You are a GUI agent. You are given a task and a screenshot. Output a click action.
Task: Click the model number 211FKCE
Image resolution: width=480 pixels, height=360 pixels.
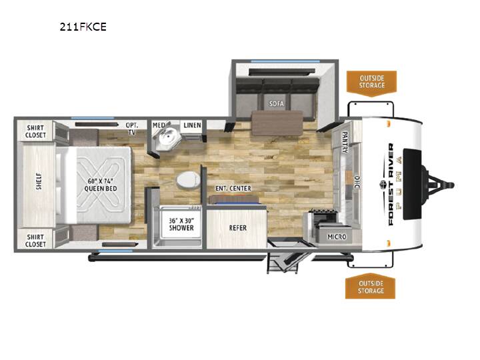pyautogui.click(x=83, y=27)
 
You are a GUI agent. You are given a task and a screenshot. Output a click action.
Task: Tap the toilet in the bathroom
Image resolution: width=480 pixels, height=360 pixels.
pyautogui.click(x=187, y=179)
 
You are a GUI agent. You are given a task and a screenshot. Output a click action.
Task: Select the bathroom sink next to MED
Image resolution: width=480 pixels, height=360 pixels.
pyautogui.click(x=167, y=139)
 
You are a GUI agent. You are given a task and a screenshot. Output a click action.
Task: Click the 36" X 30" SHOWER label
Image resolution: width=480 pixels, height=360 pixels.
pyautogui.click(x=181, y=224)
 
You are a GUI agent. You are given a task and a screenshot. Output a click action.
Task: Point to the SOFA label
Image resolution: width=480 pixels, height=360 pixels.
pyautogui.click(x=277, y=104)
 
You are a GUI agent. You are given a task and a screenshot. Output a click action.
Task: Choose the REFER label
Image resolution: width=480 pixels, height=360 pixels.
pyautogui.click(x=238, y=228)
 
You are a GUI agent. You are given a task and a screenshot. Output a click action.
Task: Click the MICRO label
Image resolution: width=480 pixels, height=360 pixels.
pyautogui.click(x=337, y=237)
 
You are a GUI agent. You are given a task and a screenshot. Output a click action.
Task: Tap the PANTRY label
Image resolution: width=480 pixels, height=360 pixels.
pyautogui.click(x=345, y=142)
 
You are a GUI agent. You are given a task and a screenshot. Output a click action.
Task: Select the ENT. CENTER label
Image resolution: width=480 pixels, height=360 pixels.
pyautogui.click(x=233, y=189)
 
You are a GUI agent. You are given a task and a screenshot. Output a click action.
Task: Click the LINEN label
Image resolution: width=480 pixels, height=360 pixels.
pyautogui.click(x=192, y=125)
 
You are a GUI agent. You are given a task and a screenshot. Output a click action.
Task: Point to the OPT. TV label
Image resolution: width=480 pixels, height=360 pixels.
pyautogui.click(x=132, y=129)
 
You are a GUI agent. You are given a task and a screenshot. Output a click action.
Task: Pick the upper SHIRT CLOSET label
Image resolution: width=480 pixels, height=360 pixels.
pyautogui.click(x=35, y=131)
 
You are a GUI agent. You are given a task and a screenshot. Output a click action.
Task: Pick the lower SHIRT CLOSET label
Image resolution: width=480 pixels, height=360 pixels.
pyautogui.click(x=35, y=241)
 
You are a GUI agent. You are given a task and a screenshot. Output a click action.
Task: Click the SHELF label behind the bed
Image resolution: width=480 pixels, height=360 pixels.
pyautogui.click(x=39, y=181)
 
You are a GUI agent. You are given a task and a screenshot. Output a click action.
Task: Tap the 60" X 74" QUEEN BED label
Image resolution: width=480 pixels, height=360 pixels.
pyautogui.click(x=101, y=185)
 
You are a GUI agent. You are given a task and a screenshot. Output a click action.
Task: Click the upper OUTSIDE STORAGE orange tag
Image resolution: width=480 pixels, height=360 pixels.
pyautogui.click(x=371, y=82)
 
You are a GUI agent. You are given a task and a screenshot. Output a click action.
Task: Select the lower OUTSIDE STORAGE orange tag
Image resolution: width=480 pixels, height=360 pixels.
pyautogui.click(x=371, y=287)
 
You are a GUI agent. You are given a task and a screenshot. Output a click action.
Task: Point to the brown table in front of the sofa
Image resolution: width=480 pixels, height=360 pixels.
pyautogui.click(x=277, y=123)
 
